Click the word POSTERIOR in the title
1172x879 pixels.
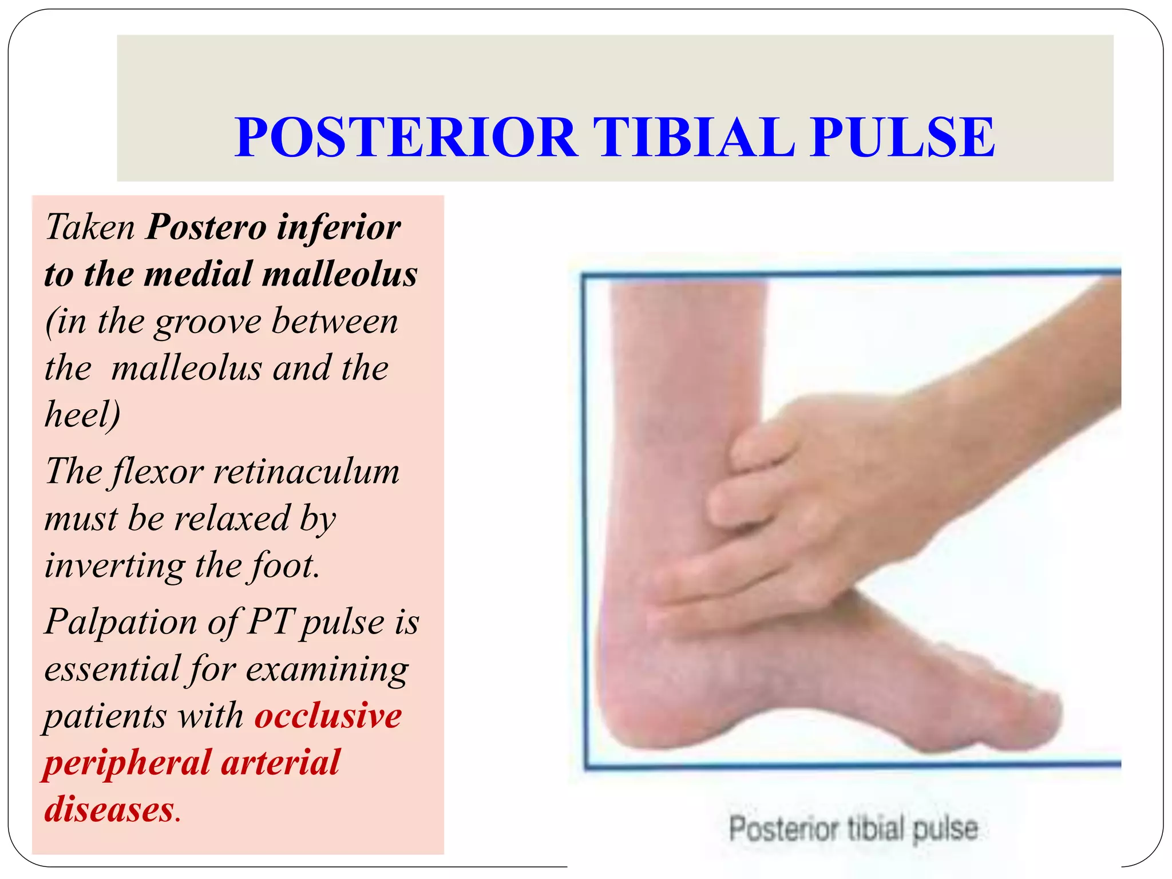[x=406, y=137]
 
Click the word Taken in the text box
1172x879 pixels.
[x=90, y=227]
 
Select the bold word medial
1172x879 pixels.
[x=198, y=274]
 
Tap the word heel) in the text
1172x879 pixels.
[x=82, y=414]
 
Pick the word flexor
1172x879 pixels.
[x=158, y=473]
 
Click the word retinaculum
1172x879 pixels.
[x=306, y=473]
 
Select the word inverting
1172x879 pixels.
[x=114, y=567]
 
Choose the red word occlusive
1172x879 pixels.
[x=328, y=716]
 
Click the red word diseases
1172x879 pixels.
[x=109, y=810]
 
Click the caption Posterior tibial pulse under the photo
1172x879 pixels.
[x=853, y=829]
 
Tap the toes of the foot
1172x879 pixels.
[x=1024, y=715]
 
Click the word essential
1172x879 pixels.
[x=112, y=668]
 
